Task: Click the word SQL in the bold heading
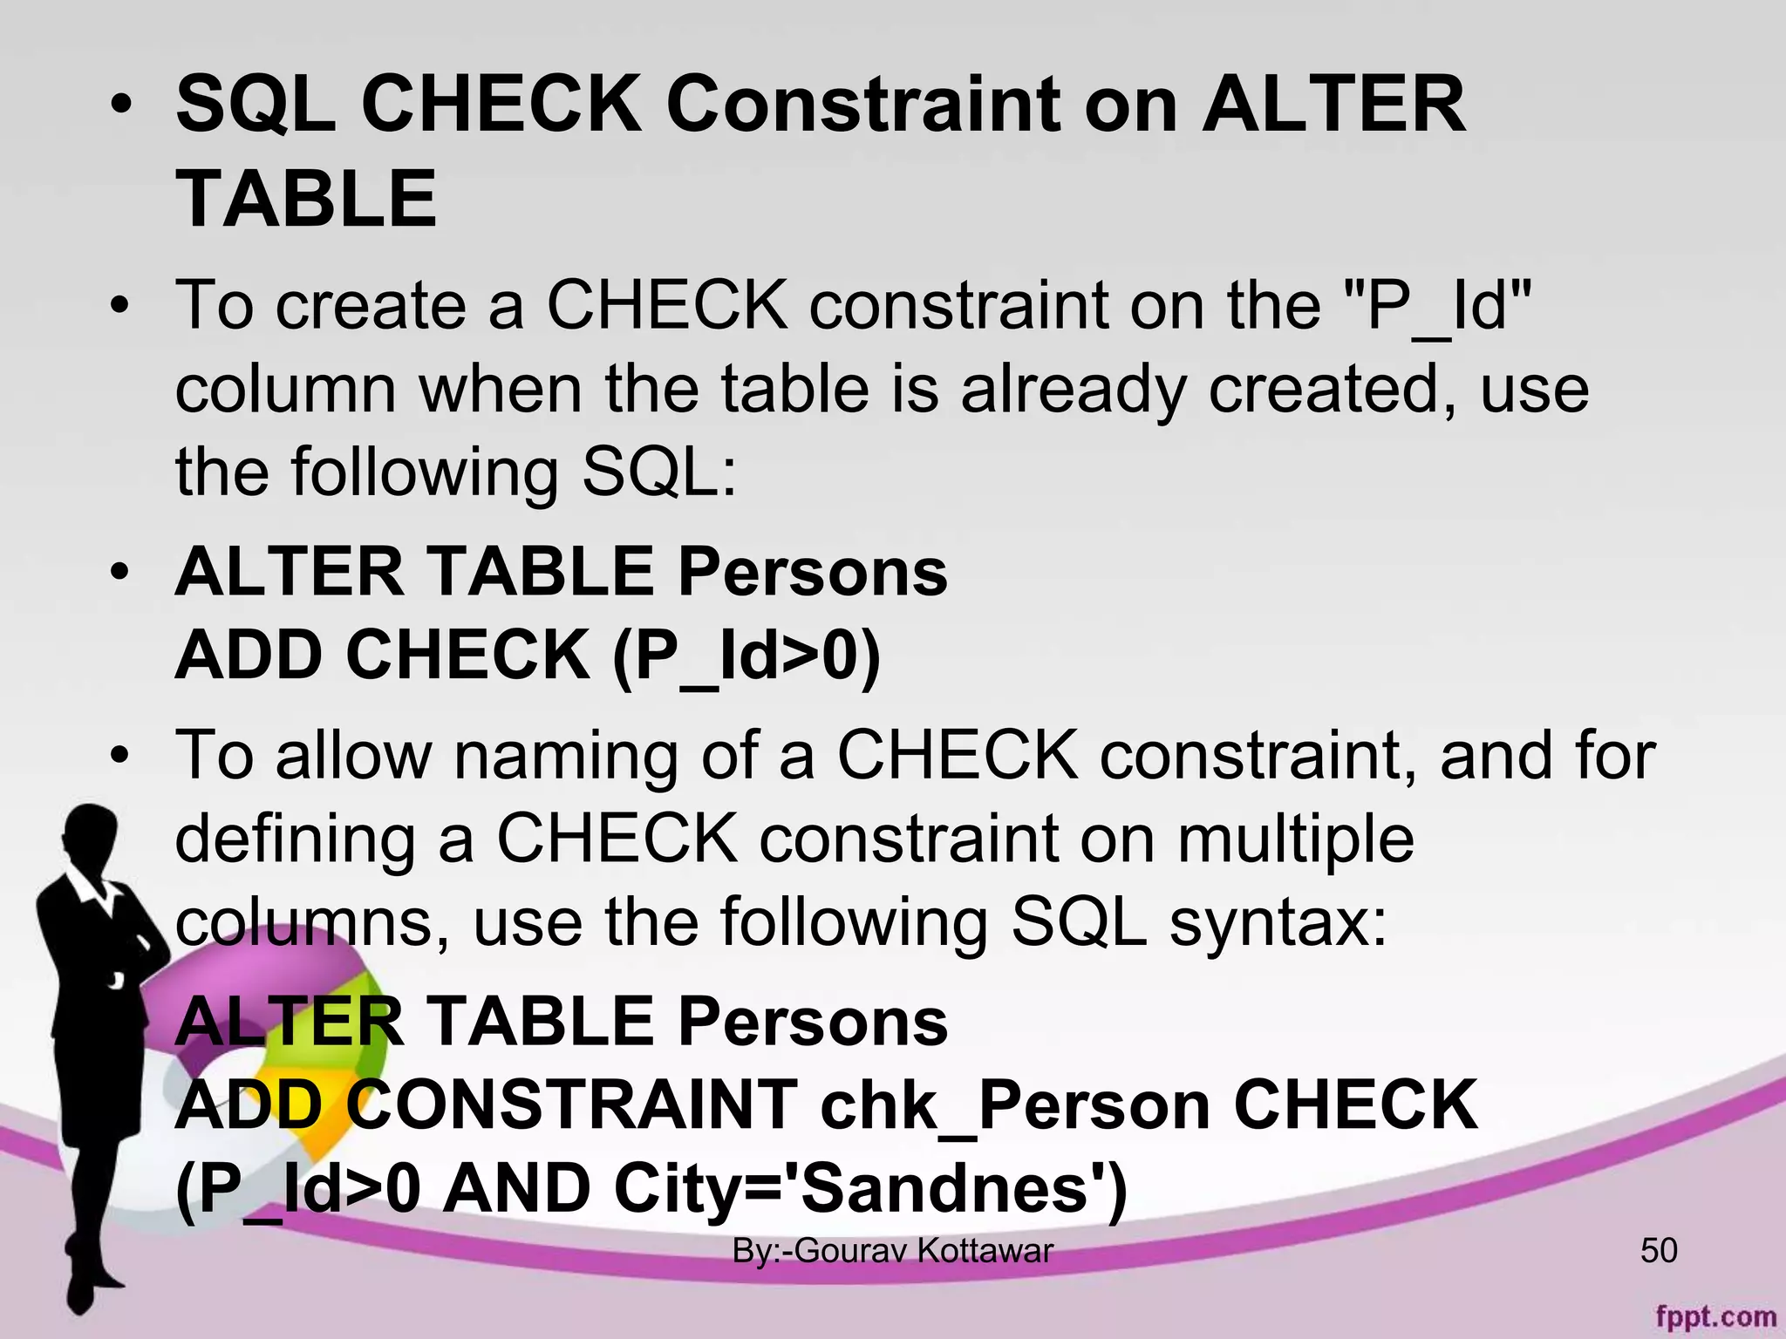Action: (255, 105)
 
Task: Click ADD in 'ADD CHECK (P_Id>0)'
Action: (250, 655)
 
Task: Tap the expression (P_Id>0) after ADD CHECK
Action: (746, 656)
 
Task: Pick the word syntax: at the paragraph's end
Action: (1278, 922)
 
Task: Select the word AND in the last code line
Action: (516, 1189)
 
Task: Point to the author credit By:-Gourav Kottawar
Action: (892, 1251)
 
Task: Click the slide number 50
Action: (1659, 1251)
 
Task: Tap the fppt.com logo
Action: (1715, 1316)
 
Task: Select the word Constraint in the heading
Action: (863, 105)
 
